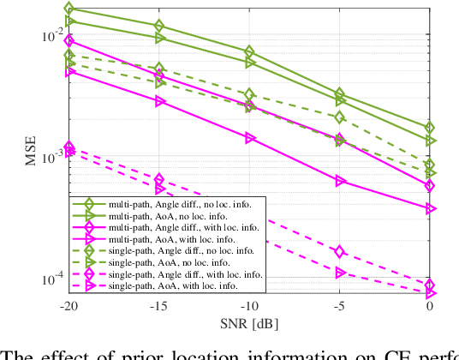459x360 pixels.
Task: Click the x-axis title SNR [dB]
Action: click(x=249, y=322)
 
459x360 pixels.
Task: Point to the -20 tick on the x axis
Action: click(x=69, y=306)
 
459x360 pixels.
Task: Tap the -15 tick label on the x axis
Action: click(x=159, y=306)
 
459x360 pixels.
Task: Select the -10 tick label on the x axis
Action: click(x=249, y=306)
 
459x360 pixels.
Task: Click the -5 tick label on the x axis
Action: click(x=340, y=306)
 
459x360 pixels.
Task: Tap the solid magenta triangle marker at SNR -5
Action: click(x=340, y=181)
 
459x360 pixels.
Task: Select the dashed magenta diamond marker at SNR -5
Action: click(x=340, y=251)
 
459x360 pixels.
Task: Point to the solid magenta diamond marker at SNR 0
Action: click(x=430, y=185)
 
